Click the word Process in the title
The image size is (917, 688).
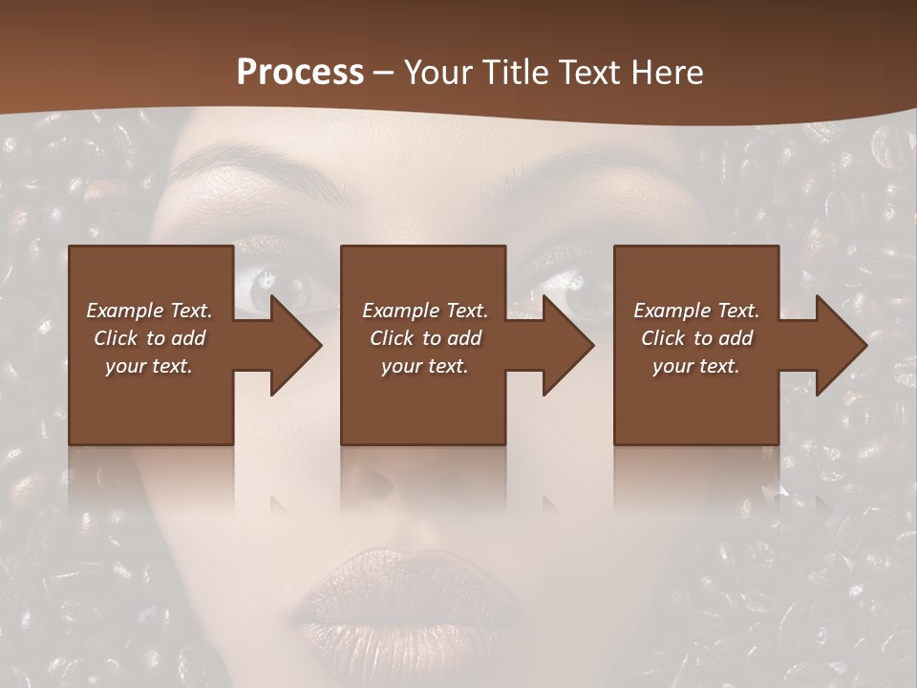tap(300, 73)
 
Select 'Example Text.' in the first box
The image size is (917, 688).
tap(149, 311)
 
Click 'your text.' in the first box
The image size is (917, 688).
tap(149, 366)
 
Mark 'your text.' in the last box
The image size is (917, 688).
tap(696, 366)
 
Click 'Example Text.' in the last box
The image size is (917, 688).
tap(696, 311)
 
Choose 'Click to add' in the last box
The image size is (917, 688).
tap(696, 338)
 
